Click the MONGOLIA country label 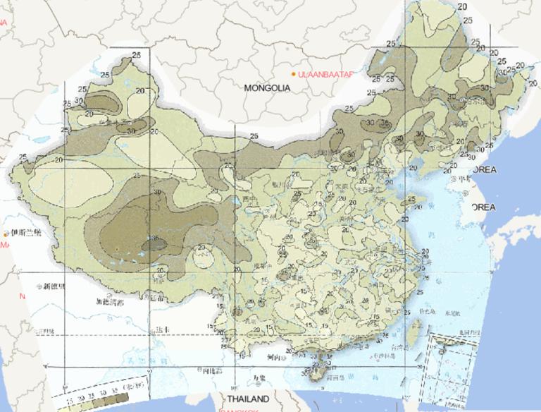point(267,88)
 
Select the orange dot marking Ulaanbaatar point(294,73)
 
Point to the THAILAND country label point(242,399)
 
